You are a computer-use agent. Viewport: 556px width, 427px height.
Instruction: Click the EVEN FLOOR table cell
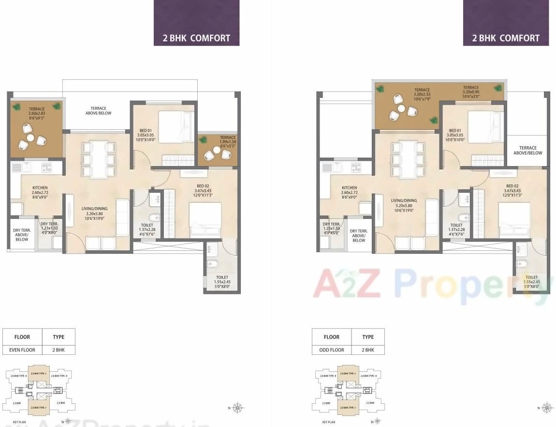coord(22,350)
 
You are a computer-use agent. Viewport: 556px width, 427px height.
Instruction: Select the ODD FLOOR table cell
coord(332,350)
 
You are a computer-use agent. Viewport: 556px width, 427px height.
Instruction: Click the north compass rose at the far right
coord(547,408)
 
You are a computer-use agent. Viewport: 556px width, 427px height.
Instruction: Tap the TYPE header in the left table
coord(59,337)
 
